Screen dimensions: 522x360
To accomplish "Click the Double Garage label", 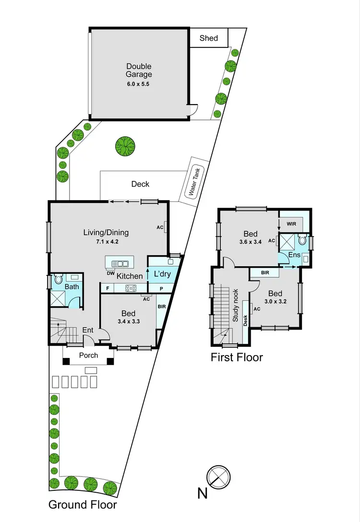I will [139, 70].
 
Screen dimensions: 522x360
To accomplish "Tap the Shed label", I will [209, 38].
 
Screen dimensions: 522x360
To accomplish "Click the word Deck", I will [140, 184].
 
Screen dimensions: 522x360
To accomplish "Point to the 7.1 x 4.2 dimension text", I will [106, 242].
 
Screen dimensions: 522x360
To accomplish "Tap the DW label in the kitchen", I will [110, 273].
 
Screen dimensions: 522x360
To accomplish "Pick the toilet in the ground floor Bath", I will [58, 279].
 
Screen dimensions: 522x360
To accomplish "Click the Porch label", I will [88, 356].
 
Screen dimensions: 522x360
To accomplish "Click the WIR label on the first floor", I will [292, 224].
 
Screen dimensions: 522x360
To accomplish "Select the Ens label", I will [294, 255].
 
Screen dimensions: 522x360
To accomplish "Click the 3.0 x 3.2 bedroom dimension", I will [276, 302].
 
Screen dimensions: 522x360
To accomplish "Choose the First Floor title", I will [237, 357].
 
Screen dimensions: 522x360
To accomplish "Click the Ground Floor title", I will [83, 505].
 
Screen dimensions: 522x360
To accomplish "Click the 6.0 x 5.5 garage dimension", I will [139, 84].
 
